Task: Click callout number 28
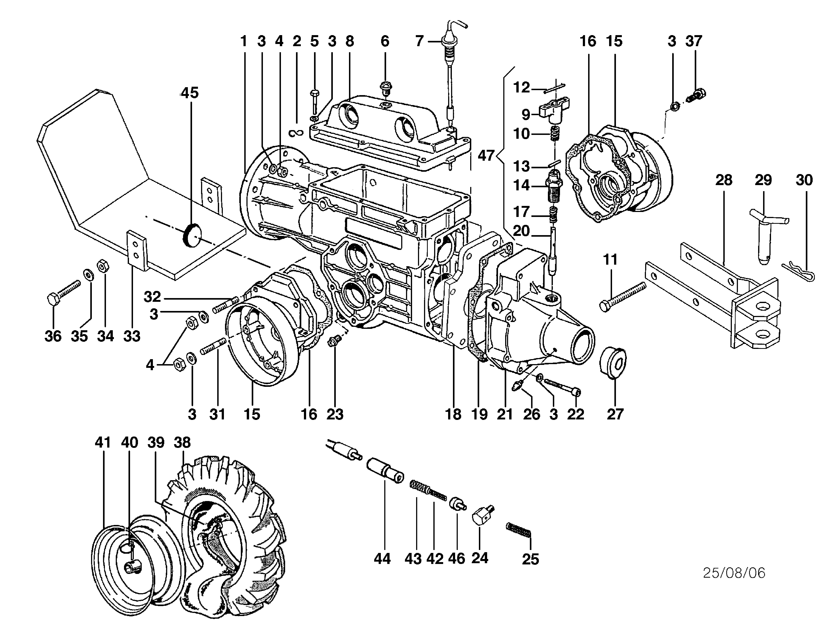point(723,180)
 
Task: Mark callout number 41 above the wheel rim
point(103,443)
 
